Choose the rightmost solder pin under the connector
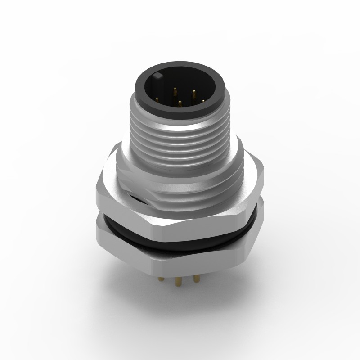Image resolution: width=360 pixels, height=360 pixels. point(196,279)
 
